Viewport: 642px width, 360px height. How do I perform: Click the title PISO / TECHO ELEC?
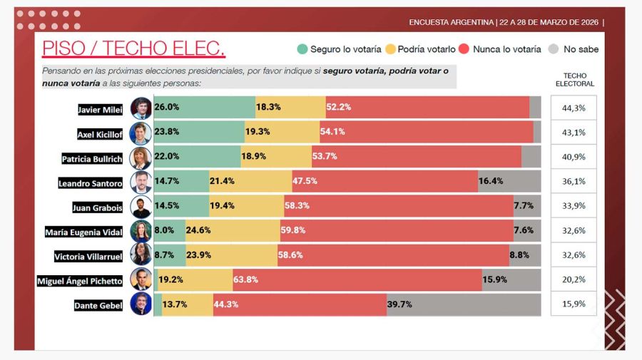133,48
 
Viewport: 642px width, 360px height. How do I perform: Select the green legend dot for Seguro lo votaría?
302,49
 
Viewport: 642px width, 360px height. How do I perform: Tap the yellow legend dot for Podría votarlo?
390,49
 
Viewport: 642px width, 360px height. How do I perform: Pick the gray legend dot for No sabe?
554,49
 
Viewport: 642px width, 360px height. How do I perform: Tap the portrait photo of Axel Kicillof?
141,133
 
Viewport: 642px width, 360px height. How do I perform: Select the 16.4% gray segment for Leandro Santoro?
509,182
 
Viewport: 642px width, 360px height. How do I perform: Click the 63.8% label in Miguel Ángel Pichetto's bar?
245,279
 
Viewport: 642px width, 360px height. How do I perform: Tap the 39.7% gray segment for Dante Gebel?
464,304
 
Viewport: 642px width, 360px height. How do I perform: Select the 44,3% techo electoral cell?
574,108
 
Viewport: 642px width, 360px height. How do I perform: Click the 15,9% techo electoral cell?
574,304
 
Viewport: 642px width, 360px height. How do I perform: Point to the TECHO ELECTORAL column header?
574,79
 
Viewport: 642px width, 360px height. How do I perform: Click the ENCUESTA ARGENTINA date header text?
505,22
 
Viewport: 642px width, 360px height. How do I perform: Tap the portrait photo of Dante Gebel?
141,304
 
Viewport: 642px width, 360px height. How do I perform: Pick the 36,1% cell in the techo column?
574,182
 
